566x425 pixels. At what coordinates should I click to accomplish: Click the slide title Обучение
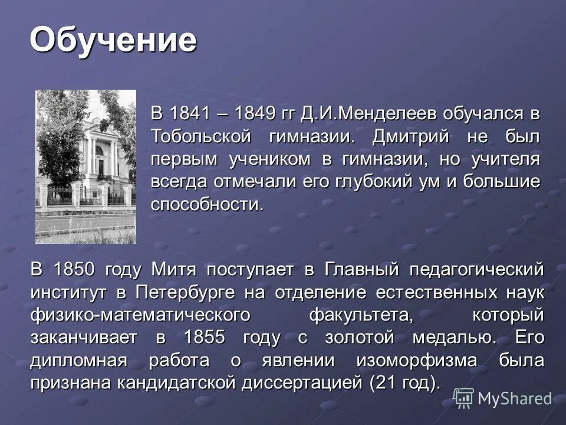(113, 40)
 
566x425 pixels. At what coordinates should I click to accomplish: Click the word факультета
(361, 315)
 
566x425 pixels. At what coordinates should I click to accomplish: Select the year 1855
(204, 338)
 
